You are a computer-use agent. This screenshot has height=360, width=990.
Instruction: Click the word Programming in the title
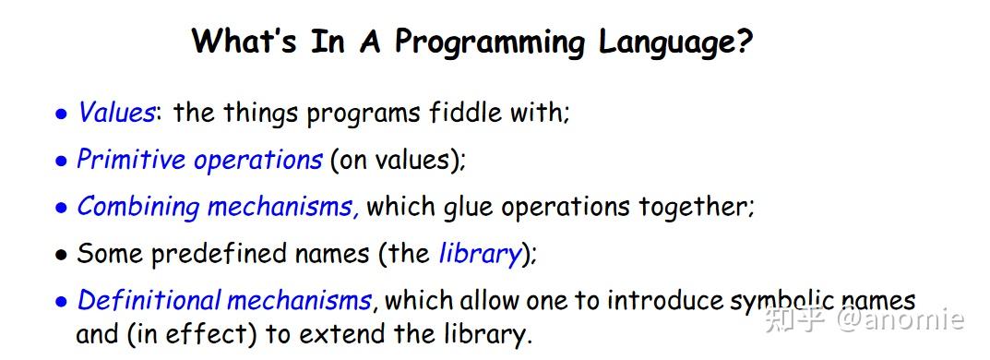489,43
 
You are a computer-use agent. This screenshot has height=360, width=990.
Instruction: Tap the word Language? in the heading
675,43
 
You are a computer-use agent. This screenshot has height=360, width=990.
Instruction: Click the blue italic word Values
115,114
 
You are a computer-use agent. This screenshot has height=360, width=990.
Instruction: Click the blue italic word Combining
138,208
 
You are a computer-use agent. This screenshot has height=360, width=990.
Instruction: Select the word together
697,208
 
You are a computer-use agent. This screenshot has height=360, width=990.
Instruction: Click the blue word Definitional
149,301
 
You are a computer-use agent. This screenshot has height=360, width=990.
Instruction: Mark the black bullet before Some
61,257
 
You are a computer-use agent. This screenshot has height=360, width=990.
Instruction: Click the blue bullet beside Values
61,115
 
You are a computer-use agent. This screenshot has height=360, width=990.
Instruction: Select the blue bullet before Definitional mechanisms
61,303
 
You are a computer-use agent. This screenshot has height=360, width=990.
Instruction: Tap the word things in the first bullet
261,114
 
